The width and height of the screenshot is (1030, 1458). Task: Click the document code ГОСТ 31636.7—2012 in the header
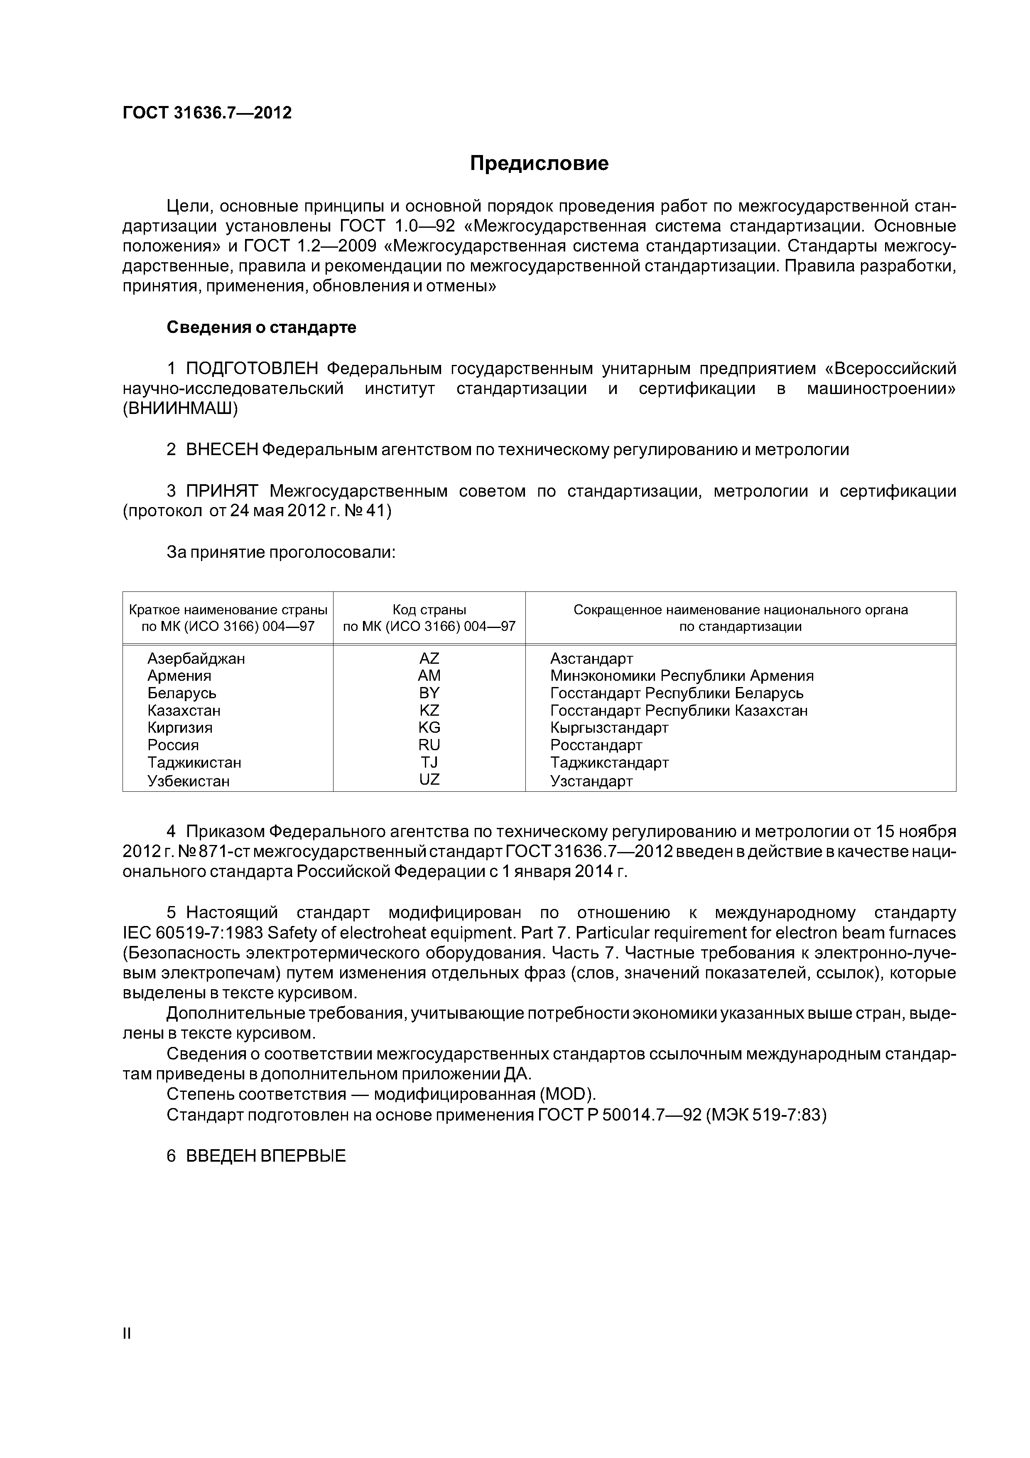pos(207,113)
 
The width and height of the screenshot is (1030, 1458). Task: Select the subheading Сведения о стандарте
pos(262,328)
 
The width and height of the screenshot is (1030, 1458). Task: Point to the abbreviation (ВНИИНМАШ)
pos(180,409)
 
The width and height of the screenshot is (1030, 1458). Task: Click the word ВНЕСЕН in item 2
pos(221,450)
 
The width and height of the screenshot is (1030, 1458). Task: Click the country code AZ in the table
pos(429,658)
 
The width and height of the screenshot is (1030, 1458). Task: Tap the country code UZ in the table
pos(429,780)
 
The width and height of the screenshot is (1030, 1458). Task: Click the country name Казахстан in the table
pos(184,711)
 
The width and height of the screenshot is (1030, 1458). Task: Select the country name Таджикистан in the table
pos(194,763)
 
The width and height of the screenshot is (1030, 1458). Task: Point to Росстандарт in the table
pos(596,746)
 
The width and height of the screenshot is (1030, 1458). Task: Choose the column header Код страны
pos(429,610)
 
